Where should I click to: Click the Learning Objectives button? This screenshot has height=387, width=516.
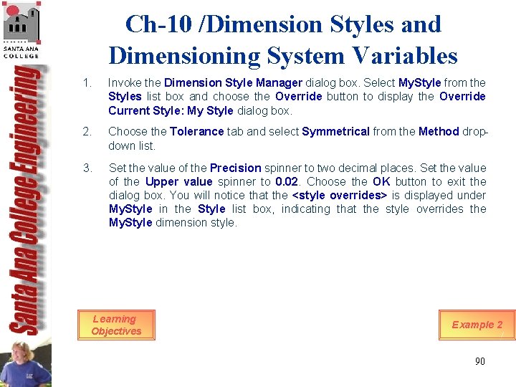(116, 325)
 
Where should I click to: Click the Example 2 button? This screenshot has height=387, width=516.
(477, 325)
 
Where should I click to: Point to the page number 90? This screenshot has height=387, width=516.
(479, 361)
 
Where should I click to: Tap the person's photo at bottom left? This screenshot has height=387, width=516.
(26, 363)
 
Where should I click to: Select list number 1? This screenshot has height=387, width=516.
(87, 83)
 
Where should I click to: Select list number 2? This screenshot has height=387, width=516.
(87, 132)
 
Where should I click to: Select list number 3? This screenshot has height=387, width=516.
(87, 168)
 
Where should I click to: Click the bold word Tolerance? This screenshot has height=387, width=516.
(196, 132)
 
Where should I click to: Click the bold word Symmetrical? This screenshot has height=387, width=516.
(335, 132)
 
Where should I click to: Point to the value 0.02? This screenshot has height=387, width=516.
(287, 182)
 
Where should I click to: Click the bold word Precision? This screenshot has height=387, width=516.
(235, 168)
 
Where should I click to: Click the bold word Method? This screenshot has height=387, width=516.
(438, 132)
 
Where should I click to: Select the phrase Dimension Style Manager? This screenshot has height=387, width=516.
(233, 83)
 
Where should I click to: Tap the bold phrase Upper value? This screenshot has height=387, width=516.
(178, 182)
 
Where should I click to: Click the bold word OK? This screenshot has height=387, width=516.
(381, 182)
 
